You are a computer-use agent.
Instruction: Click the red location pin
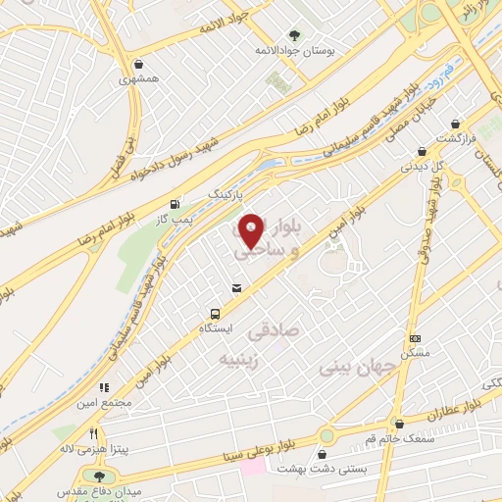(251, 229)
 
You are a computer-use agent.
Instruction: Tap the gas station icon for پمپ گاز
(175, 204)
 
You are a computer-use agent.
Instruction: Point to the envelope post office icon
(235, 288)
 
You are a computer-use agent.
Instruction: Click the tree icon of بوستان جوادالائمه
(296, 33)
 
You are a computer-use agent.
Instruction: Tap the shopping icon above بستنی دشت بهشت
(324, 454)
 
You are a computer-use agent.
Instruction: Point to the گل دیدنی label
(422, 166)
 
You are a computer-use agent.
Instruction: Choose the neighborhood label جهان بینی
(357, 368)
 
